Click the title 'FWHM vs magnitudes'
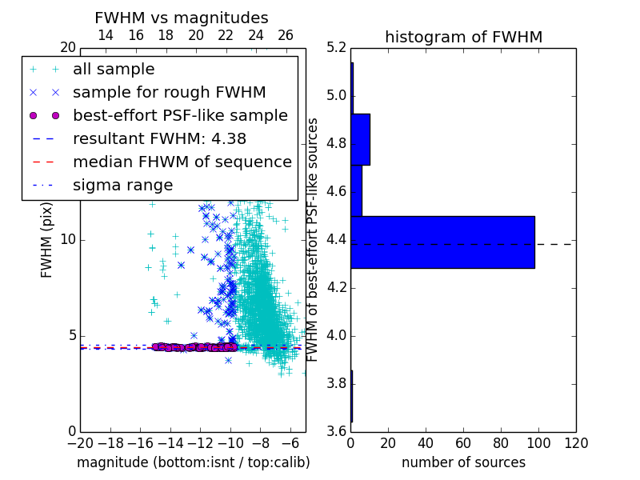(182, 18)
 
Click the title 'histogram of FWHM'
(464, 37)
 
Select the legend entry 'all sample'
(114, 70)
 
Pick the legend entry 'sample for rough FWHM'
(169, 93)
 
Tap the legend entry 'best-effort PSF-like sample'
(181, 115)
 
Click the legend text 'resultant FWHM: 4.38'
(159, 138)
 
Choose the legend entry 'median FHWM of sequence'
(182, 162)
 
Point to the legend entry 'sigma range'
(123, 186)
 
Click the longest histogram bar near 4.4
(443, 242)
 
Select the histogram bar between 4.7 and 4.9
(361, 139)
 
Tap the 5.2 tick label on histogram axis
(337, 48)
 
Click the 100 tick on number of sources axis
(538, 443)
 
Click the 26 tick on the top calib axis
(286, 35)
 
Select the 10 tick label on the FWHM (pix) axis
(68, 239)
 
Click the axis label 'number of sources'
(464, 462)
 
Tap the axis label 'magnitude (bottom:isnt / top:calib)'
(194, 463)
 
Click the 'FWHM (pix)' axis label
(46, 241)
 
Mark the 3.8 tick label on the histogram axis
(337, 384)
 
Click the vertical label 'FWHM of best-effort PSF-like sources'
(312, 240)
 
